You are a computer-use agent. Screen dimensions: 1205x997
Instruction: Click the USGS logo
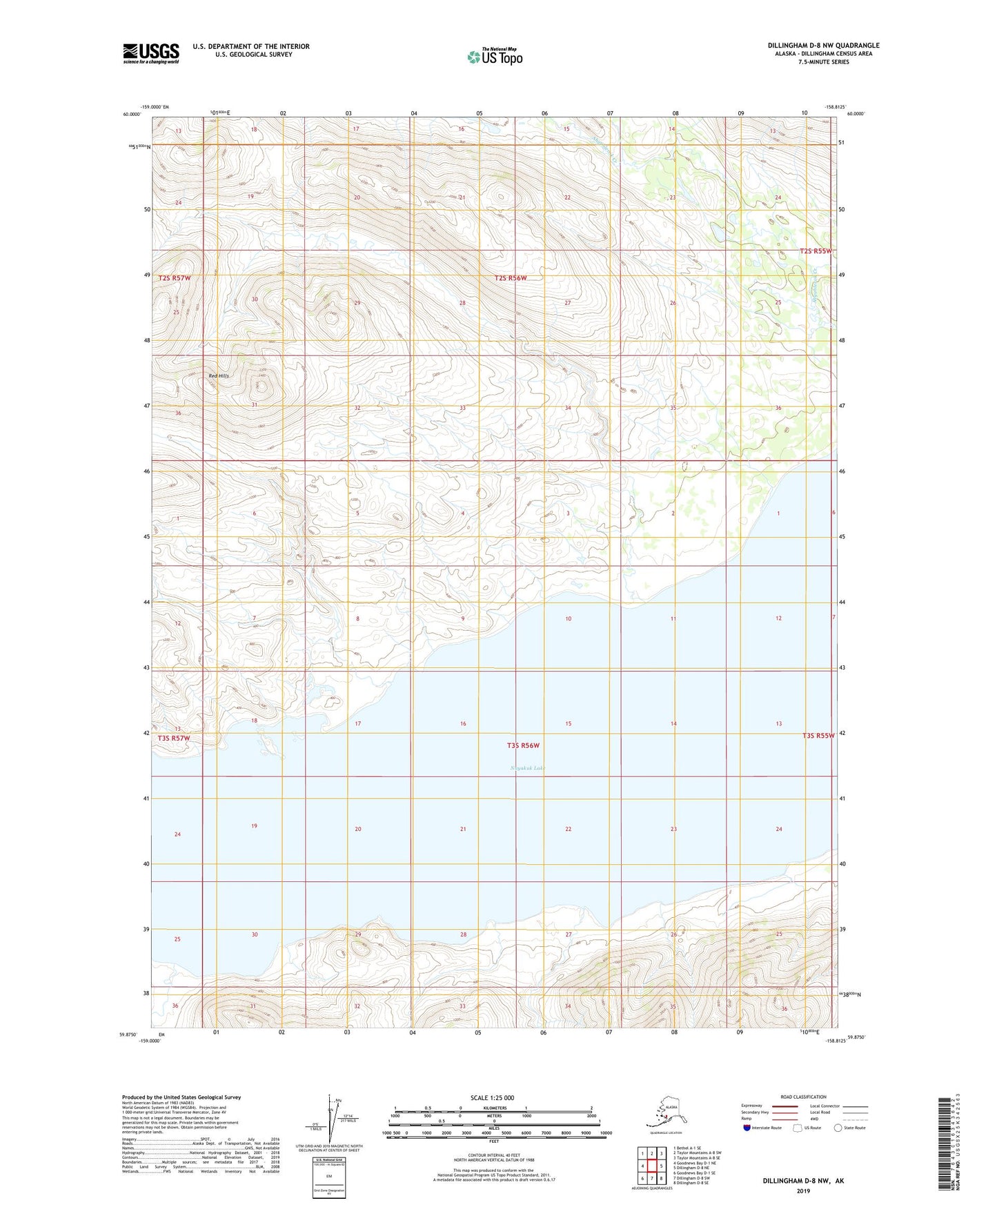point(151,53)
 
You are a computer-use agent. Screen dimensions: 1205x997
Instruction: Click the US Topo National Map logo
point(495,56)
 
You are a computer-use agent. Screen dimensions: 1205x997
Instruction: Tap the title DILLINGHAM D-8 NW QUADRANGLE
point(823,46)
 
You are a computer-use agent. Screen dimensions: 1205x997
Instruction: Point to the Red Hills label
point(219,375)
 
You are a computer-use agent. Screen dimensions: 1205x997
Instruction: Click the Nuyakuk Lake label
point(527,767)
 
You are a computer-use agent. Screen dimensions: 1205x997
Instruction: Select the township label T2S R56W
point(511,278)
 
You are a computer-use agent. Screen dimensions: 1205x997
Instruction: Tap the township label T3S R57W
point(173,738)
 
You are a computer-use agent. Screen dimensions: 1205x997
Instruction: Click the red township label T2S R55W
point(816,251)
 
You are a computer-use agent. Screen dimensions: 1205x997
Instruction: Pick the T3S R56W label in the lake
point(522,745)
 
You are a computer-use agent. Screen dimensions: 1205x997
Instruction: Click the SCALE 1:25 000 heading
point(492,1097)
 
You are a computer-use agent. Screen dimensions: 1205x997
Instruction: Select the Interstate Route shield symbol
point(747,1128)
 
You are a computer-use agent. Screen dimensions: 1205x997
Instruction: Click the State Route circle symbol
point(838,1128)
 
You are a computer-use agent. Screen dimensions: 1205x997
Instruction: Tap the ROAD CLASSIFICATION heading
point(803,1097)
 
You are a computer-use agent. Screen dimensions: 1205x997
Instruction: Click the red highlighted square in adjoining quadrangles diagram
point(652,1166)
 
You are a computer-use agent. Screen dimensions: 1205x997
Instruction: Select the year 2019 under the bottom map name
point(803,1191)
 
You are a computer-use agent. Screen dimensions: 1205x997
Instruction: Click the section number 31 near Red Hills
point(254,405)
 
